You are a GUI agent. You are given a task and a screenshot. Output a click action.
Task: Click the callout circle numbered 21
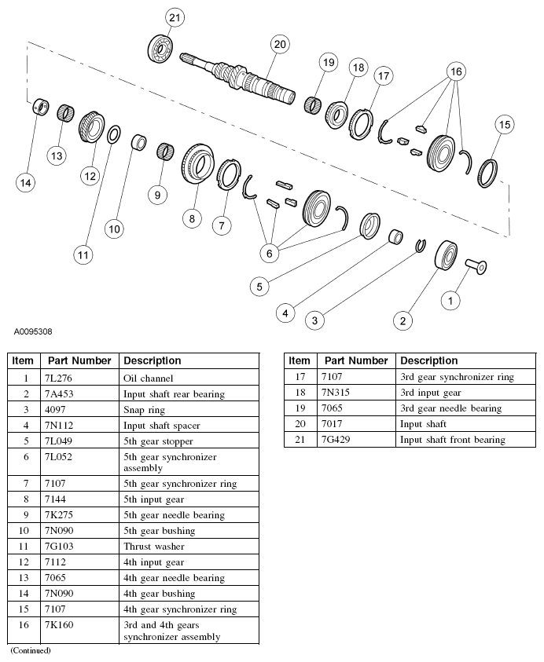175,17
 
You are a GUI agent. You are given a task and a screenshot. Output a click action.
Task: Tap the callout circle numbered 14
26,182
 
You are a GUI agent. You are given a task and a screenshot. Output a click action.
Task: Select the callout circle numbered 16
456,71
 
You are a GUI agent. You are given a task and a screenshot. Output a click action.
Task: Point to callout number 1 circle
450,299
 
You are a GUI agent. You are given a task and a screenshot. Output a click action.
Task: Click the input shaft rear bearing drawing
447,255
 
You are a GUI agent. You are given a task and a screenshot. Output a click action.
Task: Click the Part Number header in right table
356,360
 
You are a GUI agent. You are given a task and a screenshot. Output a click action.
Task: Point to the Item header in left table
24,360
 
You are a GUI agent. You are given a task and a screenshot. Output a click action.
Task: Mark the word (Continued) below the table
30,650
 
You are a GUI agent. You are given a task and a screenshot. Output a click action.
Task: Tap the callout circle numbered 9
159,194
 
